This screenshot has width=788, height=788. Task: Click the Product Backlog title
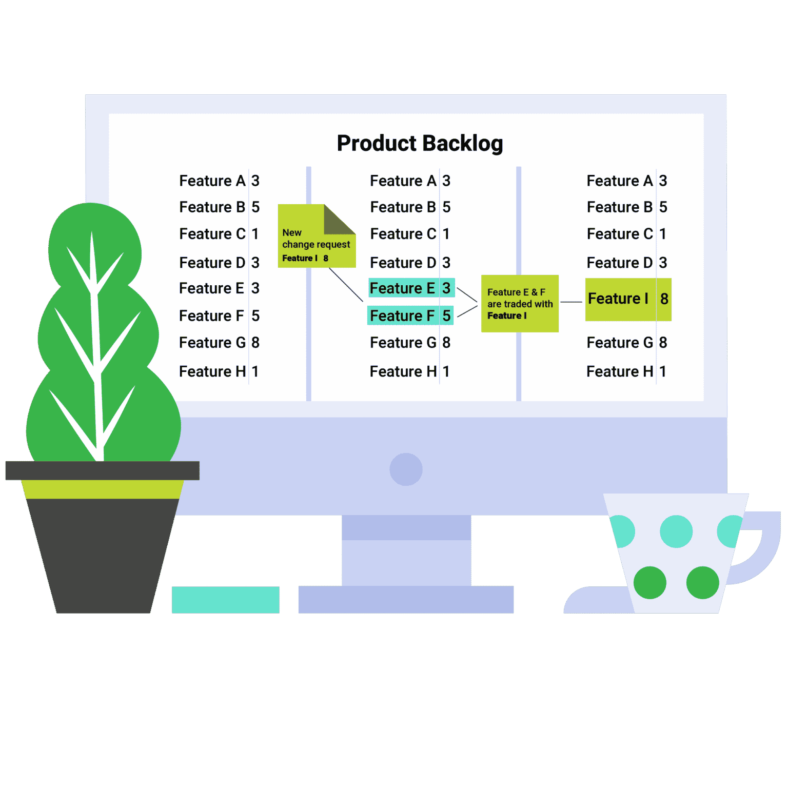point(420,144)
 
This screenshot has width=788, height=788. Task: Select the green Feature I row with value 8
point(628,300)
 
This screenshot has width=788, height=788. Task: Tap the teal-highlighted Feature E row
point(411,288)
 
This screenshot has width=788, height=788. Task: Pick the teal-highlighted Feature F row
point(410,316)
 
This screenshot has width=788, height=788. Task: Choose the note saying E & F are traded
point(520,304)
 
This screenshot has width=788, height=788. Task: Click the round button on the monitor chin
point(406,469)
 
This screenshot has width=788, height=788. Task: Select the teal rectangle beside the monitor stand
point(226,600)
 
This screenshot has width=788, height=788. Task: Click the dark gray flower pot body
point(103,554)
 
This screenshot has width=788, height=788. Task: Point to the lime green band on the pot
point(103,489)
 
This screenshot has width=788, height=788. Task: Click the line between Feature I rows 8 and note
point(572,302)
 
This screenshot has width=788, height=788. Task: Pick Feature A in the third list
point(620,181)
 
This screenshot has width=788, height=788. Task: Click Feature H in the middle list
point(403,371)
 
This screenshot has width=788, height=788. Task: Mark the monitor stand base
point(406,600)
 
